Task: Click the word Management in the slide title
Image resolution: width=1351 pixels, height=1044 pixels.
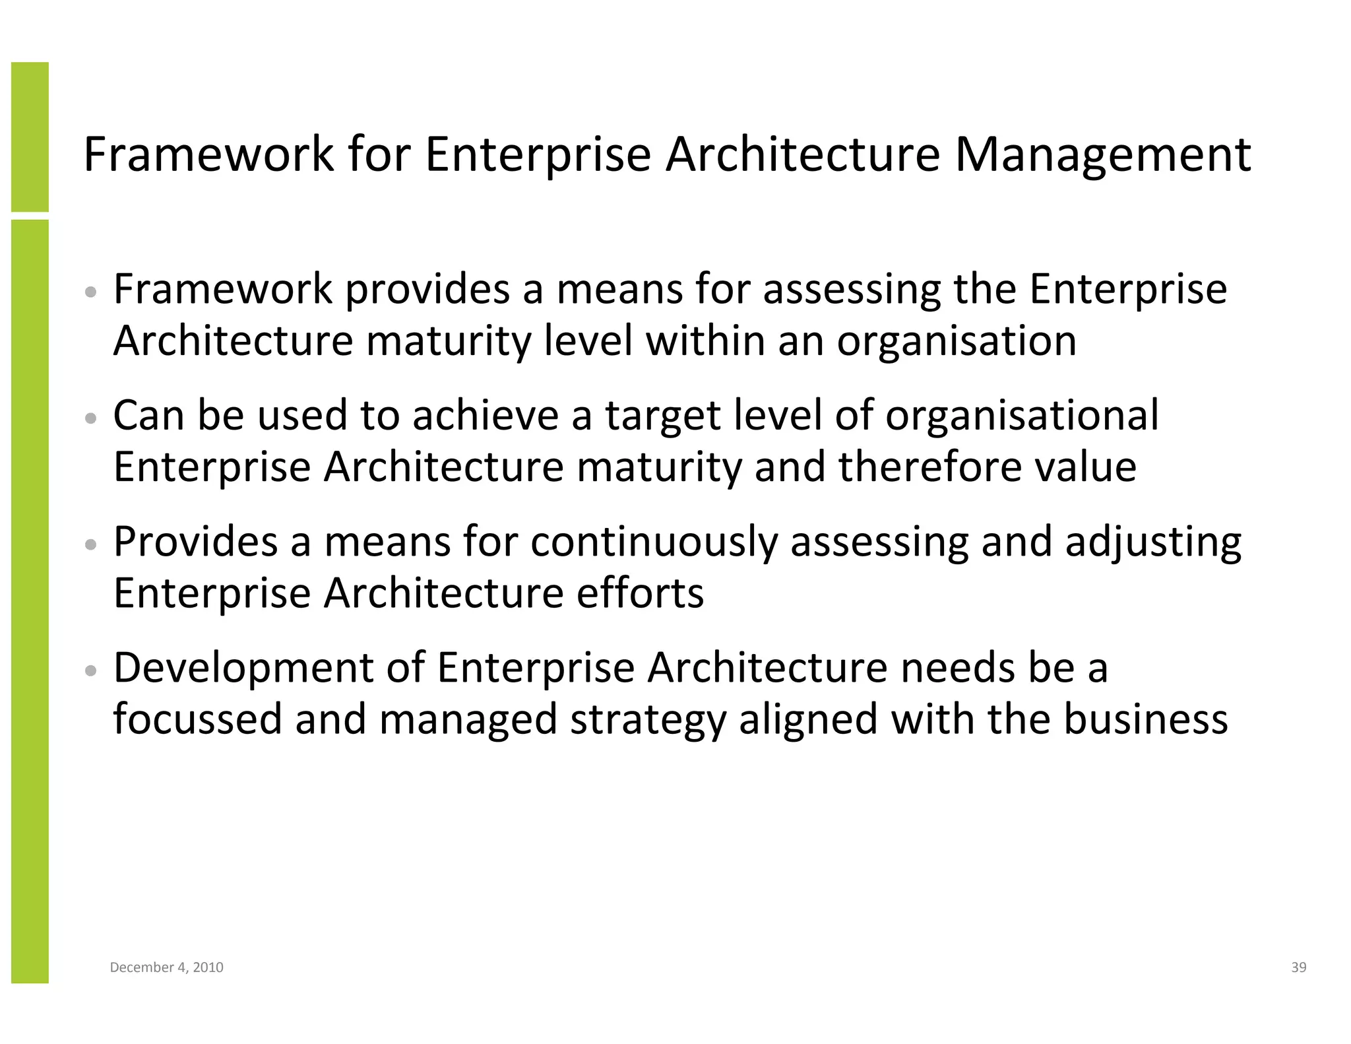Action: (x=1102, y=156)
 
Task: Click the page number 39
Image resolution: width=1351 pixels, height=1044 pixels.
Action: (x=1298, y=967)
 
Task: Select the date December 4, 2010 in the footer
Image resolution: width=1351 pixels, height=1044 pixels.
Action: (x=166, y=967)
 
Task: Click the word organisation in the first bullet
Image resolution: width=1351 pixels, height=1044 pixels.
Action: (x=957, y=342)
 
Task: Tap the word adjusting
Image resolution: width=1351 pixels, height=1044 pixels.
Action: (x=1153, y=543)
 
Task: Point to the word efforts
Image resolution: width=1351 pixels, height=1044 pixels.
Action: (x=640, y=593)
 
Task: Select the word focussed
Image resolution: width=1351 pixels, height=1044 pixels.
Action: (x=197, y=719)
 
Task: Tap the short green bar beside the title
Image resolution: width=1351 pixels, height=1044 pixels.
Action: (x=30, y=137)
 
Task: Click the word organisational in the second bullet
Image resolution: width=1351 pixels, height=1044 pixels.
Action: (x=1021, y=416)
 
